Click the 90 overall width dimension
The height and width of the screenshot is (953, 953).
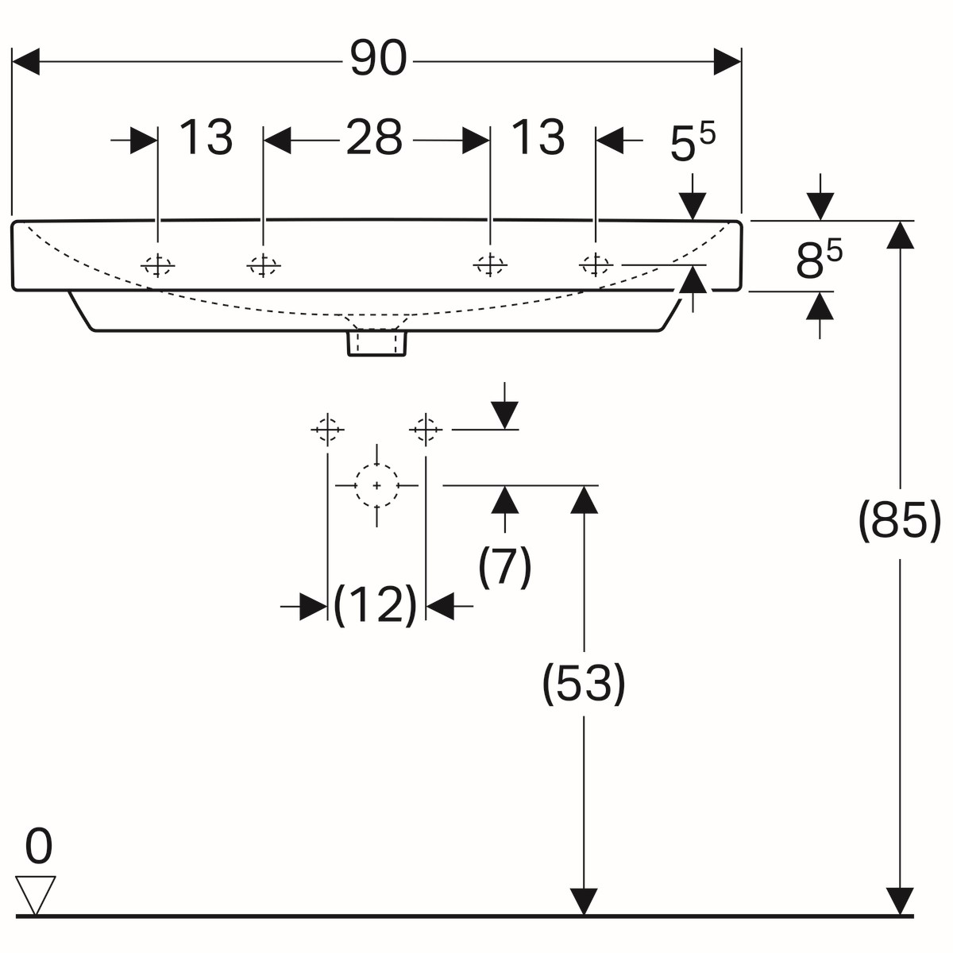[378, 60]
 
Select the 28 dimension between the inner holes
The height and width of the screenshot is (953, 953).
[374, 138]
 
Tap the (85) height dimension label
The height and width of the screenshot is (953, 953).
[899, 521]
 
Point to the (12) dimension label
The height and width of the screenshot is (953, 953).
[375, 605]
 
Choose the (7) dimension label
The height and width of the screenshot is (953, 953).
[504, 566]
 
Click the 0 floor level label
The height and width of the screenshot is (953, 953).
[38, 847]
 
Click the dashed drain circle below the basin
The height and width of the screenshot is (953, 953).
[376, 484]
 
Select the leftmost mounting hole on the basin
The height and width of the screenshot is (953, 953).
[158, 265]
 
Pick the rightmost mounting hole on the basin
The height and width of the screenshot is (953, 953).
[595, 264]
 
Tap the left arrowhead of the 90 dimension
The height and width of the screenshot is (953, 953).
[26, 61]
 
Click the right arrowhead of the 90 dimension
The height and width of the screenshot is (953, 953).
[727, 61]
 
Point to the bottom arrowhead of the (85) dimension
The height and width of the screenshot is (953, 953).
[900, 901]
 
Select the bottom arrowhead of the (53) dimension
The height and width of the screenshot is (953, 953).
[584, 901]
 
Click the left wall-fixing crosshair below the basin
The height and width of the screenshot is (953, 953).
[327, 430]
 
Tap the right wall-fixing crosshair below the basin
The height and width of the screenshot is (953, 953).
[426, 430]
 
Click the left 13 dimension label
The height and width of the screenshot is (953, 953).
[206, 138]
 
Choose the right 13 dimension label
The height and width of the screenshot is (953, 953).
[538, 138]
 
